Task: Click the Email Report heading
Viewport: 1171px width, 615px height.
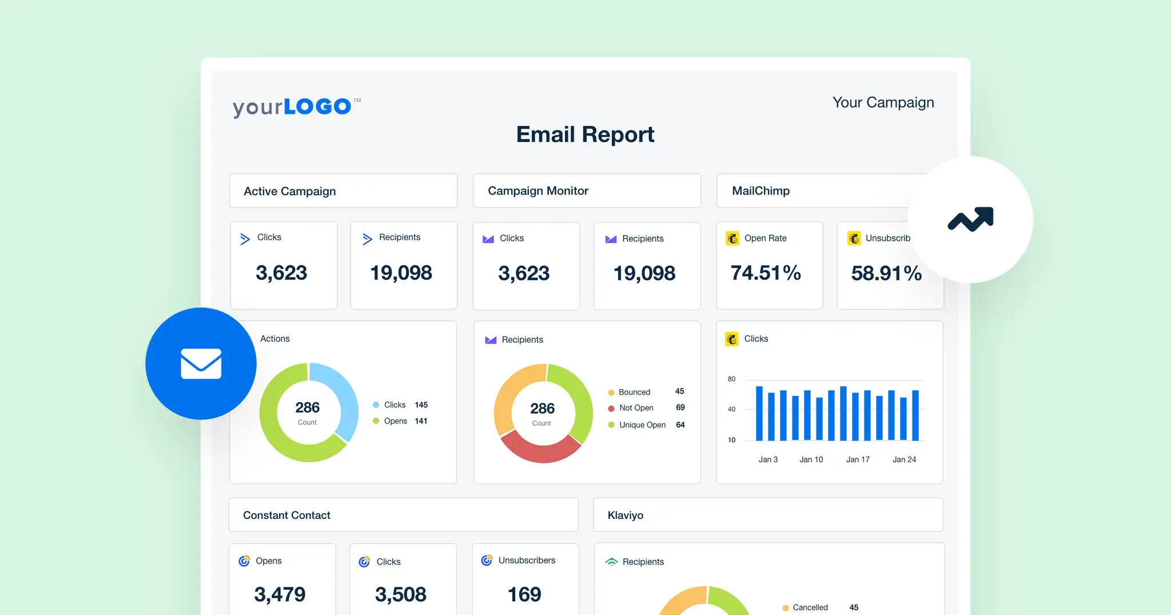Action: click(585, 135)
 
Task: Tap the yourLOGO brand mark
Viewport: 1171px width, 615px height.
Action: click(296, 107)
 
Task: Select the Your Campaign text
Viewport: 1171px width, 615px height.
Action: click(883, 102)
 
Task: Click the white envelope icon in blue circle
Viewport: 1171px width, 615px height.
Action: click(201, 364)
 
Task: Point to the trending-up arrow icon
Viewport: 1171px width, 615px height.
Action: click(970, 219)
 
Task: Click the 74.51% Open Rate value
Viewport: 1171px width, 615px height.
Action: click(766, 273)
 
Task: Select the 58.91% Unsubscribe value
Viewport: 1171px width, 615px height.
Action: click(886, 273)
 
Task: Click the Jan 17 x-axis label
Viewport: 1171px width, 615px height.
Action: click(858, 459)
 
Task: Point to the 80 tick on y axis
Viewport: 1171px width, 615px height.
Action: click(731, 379)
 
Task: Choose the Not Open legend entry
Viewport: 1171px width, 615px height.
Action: click(636, 408)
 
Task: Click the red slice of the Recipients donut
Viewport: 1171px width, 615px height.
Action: click(541, 451)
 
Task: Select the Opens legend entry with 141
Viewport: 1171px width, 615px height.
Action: click(396, 421)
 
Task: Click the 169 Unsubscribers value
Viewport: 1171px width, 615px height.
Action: click(524, 594)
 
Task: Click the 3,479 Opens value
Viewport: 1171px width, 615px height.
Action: click(280, 594)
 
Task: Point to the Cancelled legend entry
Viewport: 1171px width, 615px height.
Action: click(810, 608)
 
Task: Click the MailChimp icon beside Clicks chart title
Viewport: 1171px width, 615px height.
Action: click(732, 339)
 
